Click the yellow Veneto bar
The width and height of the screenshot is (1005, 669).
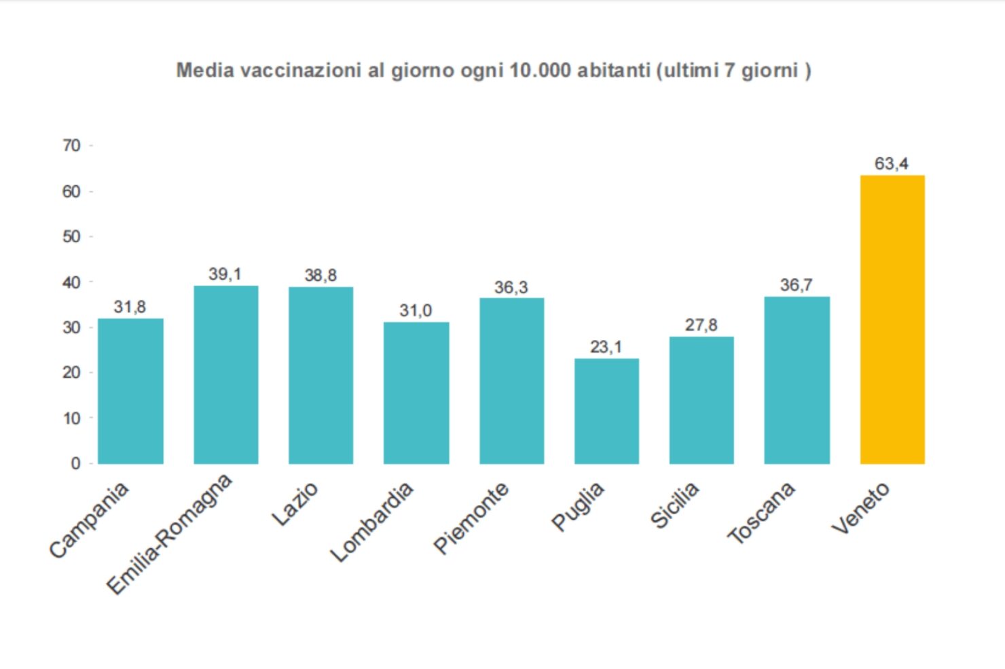coord(892,320)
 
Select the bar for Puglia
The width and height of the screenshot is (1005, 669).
coord(606,411)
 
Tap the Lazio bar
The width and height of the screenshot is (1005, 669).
coord(321,375)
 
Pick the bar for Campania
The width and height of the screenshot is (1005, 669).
coord(130,391)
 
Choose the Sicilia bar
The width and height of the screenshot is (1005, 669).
coord(701,400)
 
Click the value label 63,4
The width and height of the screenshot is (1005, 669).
coord(891,164)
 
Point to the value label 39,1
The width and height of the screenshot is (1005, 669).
coord(225,274)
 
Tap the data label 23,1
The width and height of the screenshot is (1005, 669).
coord(606,347)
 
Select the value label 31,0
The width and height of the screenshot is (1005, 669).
coord(416,311)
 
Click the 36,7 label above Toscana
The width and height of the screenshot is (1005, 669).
coord(796,285)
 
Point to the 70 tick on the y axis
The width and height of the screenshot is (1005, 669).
coord(71,146)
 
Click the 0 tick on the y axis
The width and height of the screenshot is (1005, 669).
coord(75,463)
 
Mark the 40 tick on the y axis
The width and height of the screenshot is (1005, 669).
coord(71,282)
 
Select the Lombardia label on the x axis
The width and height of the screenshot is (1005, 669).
coord(373,522)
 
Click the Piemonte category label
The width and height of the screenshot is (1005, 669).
coord(472,518)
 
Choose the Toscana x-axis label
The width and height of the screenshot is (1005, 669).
coord(762,513)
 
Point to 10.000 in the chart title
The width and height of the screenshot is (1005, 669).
coord(540,71)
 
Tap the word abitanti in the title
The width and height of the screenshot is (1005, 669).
coord(614,71)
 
